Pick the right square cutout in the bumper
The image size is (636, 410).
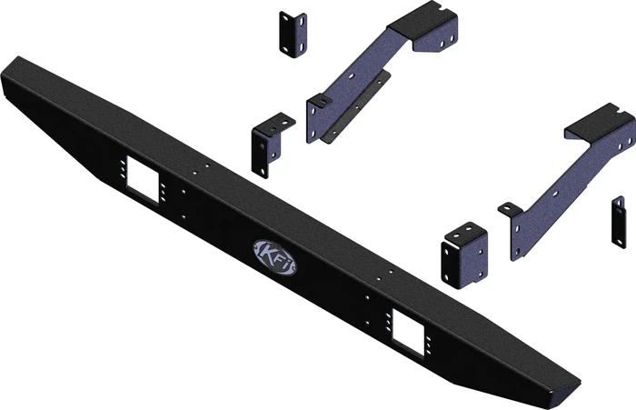(x=410, y=332)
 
